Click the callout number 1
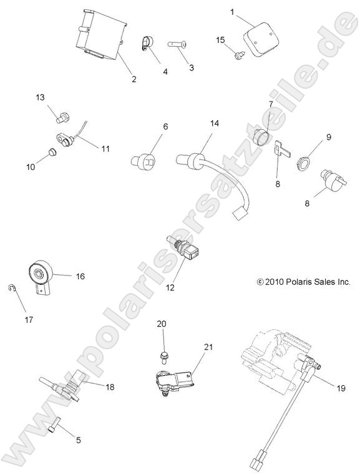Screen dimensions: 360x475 click(x=232, y=12)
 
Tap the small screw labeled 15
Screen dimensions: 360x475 click(x=238, y=55)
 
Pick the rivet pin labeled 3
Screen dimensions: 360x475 click(x=177, y=44)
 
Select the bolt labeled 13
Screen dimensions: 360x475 click(x=62, y=118)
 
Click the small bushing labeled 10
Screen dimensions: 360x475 click(x=52, y=152)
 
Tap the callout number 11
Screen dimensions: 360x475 click(x=105, y=149)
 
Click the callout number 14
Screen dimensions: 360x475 click(x=214, y=123)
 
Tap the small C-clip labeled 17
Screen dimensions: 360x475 click(x=11, y=289)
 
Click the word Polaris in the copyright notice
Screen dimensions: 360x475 click(x=293, y=282)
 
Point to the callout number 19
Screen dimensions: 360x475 click(x=341, y=388)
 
